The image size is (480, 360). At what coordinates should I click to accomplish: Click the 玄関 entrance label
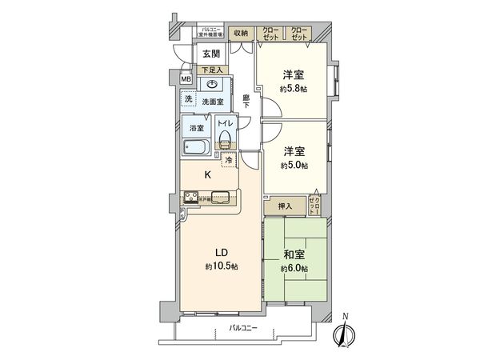211,54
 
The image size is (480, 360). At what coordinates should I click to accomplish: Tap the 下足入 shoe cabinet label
212,70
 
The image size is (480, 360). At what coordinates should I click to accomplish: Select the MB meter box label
185,80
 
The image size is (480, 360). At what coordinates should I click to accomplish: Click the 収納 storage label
240,34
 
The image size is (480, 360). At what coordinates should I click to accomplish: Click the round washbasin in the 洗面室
224,87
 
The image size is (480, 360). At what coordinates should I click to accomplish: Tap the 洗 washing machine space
189,98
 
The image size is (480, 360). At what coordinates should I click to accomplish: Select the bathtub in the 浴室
196,148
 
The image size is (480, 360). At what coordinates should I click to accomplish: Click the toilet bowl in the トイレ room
226,142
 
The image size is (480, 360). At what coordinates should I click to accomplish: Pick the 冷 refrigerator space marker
229,160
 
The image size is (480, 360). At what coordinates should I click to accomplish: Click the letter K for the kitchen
206,174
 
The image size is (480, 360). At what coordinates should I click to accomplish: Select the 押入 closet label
285,206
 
